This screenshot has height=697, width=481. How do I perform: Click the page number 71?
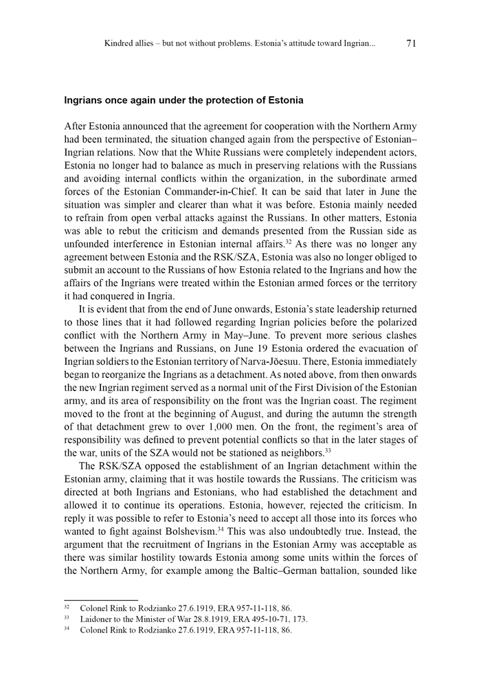[411, 43]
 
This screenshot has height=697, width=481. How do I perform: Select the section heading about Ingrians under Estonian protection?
[183, 100]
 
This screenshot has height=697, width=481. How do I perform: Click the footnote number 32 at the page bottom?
[67, 609]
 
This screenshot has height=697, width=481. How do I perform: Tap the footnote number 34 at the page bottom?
[67, 630]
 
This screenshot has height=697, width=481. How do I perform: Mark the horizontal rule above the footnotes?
[101, 600]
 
